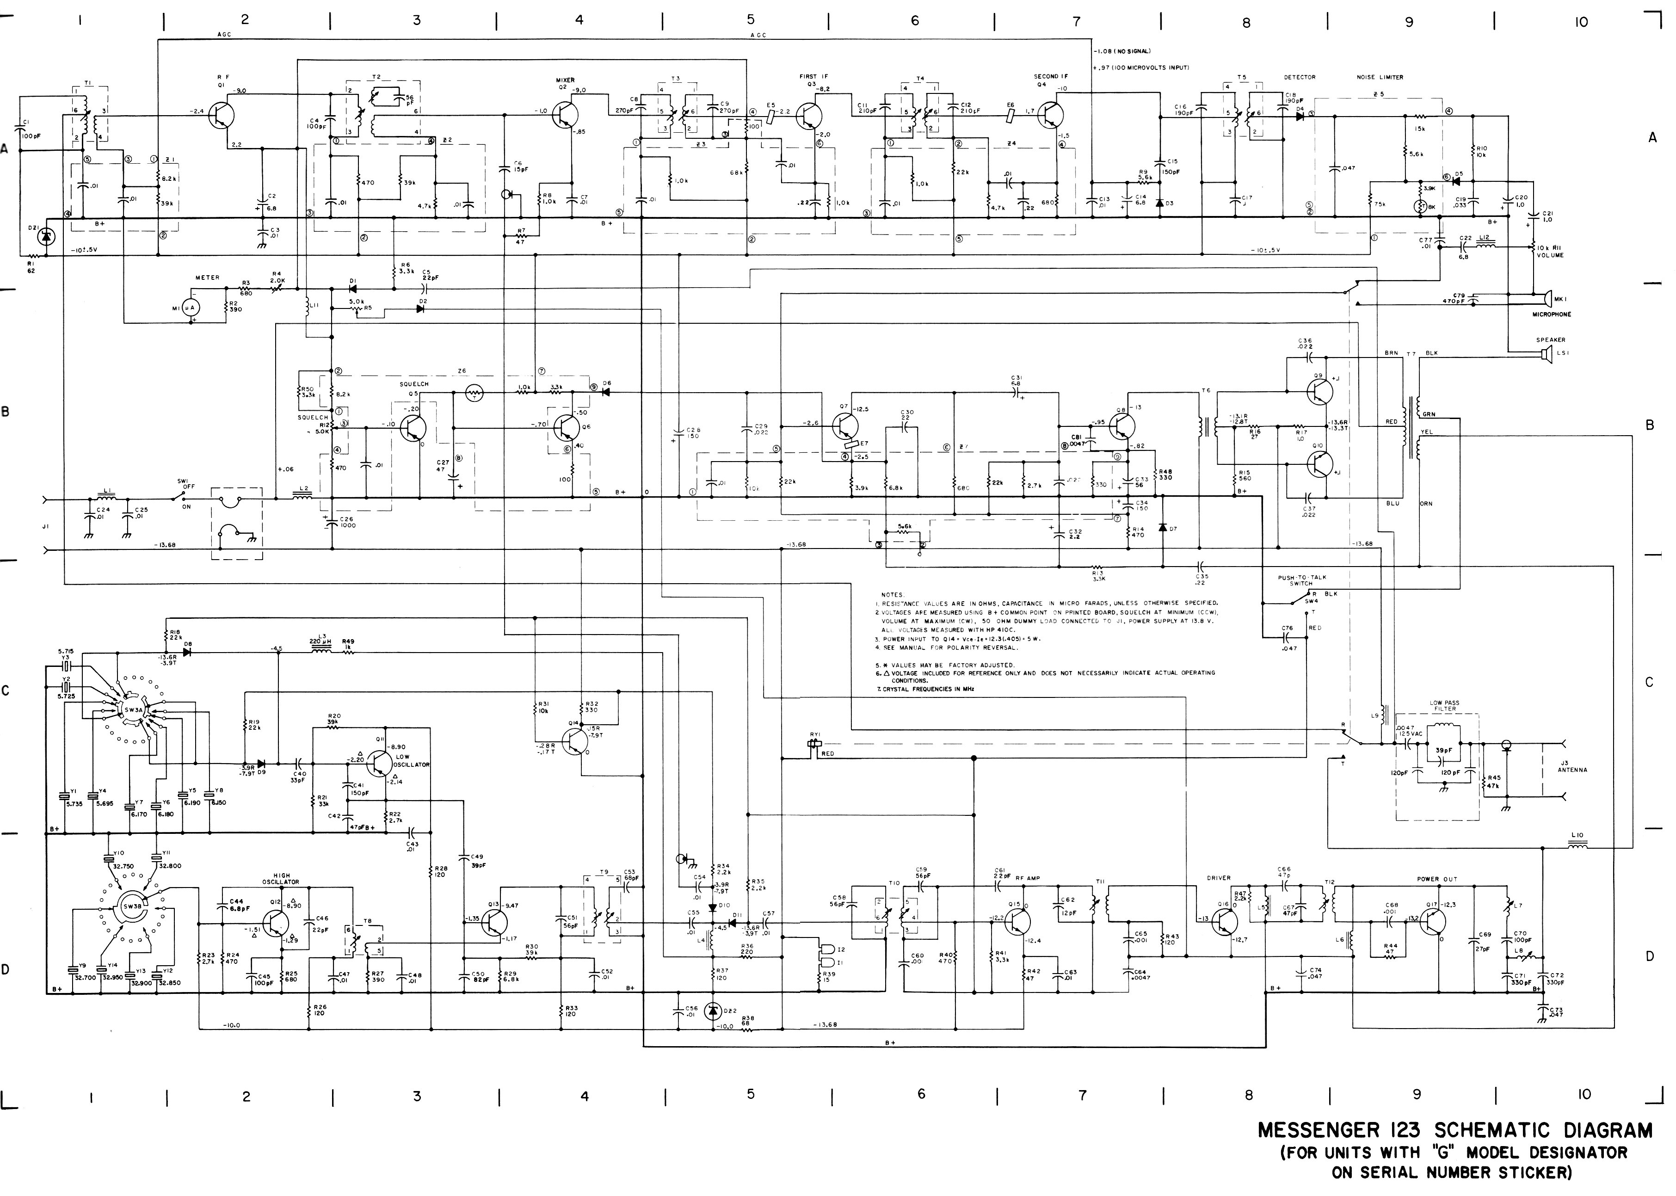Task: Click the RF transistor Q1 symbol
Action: point(221,114)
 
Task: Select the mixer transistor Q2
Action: point(565,114)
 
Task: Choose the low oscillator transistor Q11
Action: point(380,763)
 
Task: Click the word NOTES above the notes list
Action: point(893,594)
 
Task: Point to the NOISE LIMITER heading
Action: point(1379,77)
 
